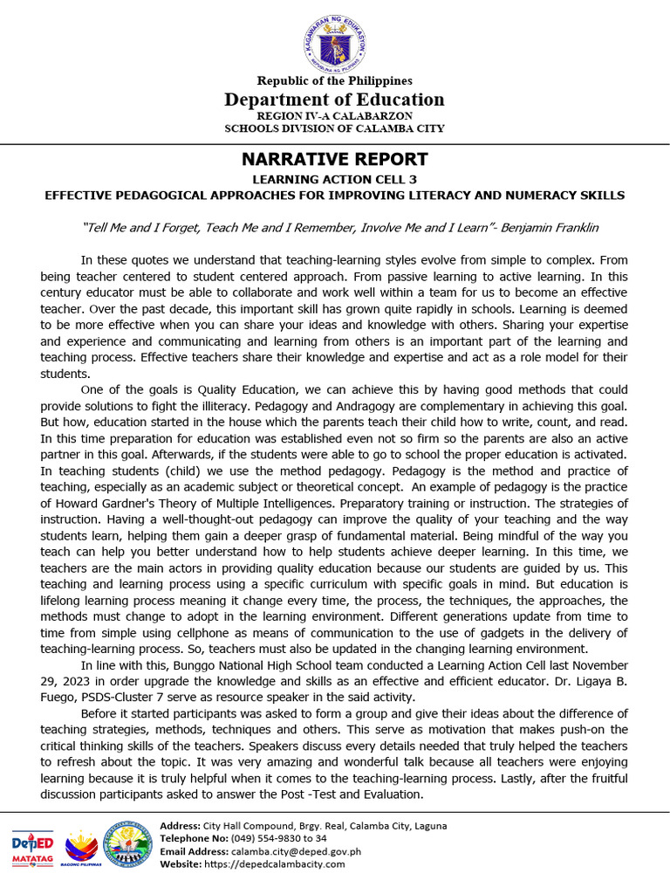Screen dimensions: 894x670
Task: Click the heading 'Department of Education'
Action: tap(334, 100)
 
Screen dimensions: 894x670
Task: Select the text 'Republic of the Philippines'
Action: tap(334, 81)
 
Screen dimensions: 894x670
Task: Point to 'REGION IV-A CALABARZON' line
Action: tap(334, 116)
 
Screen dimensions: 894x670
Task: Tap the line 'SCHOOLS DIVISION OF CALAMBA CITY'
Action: tap(334, 128)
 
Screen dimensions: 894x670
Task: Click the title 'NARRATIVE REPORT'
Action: tap(334, 160)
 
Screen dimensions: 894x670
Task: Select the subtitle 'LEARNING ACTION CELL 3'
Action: tap(334, 180)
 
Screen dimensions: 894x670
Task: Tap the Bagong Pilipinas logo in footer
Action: tap(83, 847)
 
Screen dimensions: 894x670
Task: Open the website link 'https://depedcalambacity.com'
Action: tap(275, 864)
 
